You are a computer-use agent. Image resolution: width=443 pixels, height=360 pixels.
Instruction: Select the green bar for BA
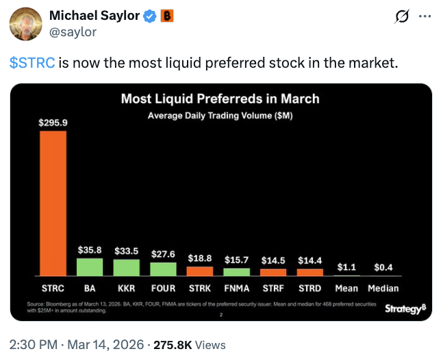(x=89, y=267)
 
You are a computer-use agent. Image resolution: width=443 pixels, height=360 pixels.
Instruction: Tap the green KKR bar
(x=126, y=268)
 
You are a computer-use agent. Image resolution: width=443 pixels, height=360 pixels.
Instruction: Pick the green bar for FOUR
(x=163, y=269)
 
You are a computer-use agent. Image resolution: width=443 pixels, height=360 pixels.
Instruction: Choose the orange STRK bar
(x=200, y=271)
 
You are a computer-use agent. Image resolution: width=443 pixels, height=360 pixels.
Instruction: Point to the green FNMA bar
(x=237, y=272)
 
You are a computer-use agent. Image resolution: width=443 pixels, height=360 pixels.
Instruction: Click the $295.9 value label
(x=53, y=123)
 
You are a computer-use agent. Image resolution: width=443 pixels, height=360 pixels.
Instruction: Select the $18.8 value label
(x=200, y=258)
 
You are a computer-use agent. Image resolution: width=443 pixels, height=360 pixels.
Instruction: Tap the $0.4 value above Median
(x=383, y=267)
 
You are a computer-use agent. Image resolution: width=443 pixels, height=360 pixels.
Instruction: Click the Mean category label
(x=346, y=288)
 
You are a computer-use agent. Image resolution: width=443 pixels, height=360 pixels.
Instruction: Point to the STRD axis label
(x=310, y=288)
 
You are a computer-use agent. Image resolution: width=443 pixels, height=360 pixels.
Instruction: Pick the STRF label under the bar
(x=273, y=288)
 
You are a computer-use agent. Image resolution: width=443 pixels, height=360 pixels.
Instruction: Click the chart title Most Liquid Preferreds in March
(x=220, y=99)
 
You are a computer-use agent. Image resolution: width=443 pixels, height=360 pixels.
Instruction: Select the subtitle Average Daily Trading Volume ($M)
(x=220, y=116)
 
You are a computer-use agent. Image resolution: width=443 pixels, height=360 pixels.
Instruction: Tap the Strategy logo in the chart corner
(x=405, y=309)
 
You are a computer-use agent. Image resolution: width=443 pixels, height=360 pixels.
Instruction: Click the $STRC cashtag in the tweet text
(x=32, y=63)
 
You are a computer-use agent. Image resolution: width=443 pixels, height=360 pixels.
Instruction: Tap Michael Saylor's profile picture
(x=24, y=25)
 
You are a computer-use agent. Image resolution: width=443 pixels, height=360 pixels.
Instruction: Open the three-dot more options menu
(x=425, y=16)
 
